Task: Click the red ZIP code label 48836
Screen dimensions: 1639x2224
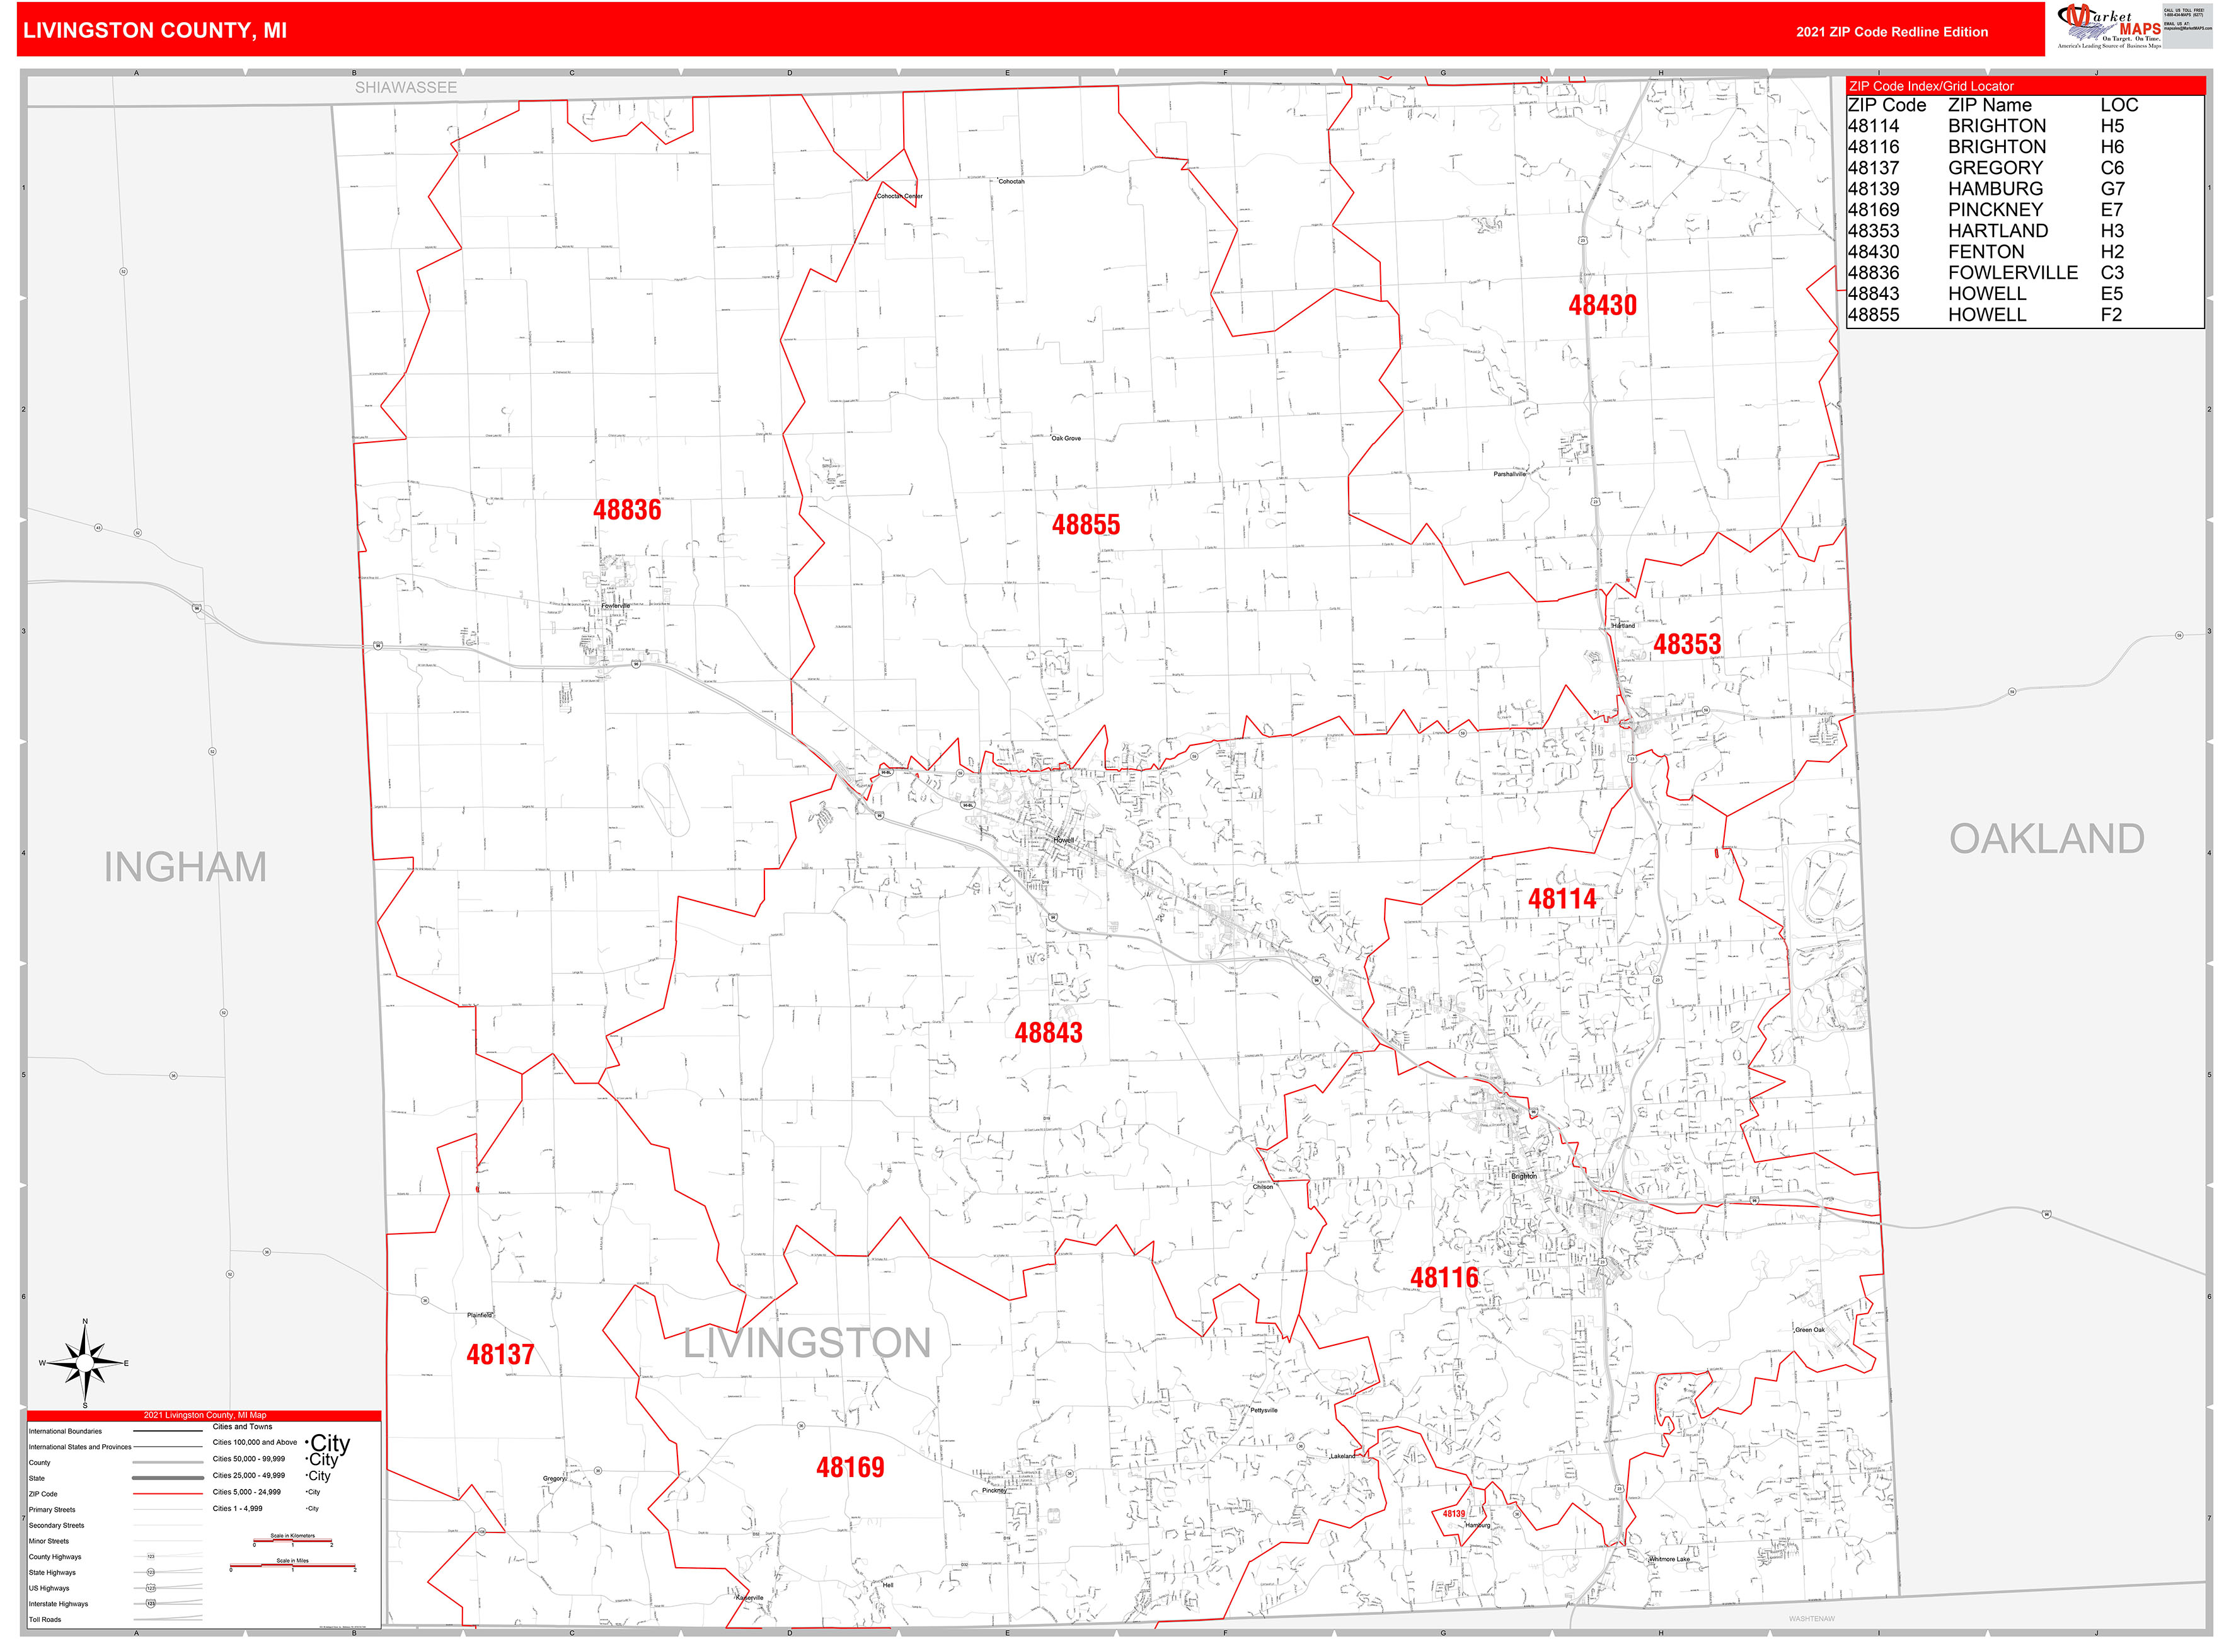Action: click(627, 510)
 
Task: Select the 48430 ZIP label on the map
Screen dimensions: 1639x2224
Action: click(1602, 306)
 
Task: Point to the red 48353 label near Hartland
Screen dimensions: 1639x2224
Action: click(1686, 645)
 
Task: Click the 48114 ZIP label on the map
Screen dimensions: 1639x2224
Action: click(1562, 900)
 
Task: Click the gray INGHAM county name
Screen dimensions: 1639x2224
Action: click(185, 868)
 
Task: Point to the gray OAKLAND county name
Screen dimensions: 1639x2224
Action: click(2046, 839)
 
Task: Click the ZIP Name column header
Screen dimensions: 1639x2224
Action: click(1989, 105)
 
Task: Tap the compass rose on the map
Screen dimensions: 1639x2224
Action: click(85, 1364)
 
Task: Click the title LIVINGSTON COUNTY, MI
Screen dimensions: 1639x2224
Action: click(155, 31)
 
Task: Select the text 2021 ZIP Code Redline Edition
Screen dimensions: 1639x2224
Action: click(1891, 32)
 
